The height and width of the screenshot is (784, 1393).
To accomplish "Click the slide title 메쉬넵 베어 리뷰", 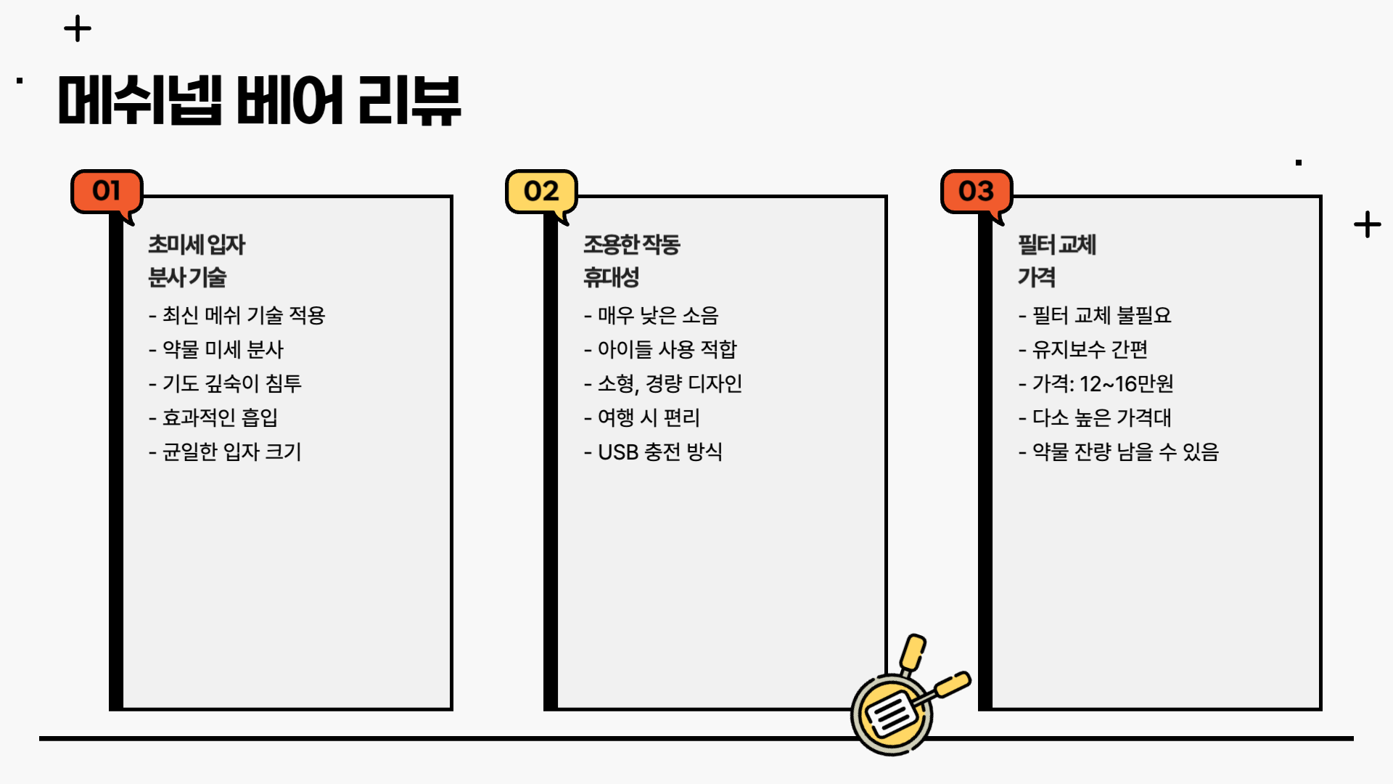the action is (259, 101).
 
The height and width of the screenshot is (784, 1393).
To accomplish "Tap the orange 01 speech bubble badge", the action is (107, 192).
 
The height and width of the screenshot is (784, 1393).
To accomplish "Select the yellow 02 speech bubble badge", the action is (541, 192).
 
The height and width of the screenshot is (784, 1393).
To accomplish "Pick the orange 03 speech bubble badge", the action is (976, 192).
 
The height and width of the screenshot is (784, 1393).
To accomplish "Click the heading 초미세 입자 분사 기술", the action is (197, 261).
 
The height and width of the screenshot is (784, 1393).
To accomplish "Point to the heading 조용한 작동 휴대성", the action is (631, 261).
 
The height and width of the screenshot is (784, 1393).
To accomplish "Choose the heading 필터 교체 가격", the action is (1056, 261).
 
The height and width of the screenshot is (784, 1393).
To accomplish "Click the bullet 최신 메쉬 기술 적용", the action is (237, 315).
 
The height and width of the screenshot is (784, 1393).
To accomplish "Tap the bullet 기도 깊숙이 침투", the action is (226, 383).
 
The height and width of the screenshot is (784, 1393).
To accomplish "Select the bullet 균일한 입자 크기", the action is (226, 452).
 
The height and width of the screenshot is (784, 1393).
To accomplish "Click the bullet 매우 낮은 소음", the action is (652, 315).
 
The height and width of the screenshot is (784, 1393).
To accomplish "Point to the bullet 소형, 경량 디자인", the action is (663, 383).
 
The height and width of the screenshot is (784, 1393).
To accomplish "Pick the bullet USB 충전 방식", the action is (654, 452).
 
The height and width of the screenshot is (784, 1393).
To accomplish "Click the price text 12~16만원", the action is (1126, 383).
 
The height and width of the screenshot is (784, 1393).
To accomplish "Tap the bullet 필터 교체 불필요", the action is (1096, 315).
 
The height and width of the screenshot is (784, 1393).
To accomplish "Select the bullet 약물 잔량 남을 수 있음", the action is (1119, 452).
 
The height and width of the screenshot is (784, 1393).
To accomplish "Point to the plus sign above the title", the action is (78, 30).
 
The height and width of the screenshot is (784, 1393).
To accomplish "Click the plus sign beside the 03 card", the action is (1367, 224).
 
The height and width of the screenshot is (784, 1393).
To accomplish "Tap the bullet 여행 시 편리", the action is (642, 417).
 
